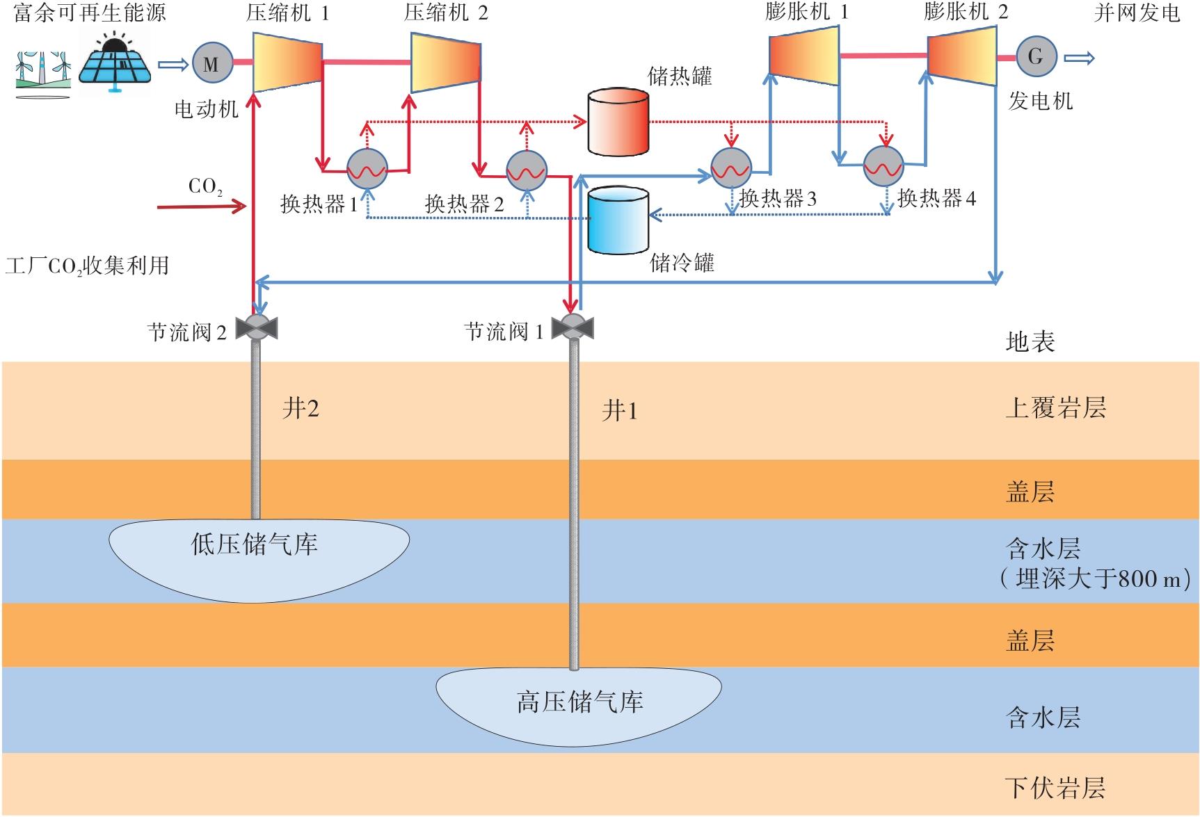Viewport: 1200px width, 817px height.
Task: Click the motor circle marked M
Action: [x=211, y=64]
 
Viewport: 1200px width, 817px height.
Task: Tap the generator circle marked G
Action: [x=1036, y=57]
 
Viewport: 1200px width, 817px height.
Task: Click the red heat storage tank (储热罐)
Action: [x=618, y=122]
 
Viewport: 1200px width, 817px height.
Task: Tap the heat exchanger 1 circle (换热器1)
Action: [x=367, y=169]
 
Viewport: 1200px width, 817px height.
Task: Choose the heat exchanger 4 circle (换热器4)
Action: [x=883, y=166]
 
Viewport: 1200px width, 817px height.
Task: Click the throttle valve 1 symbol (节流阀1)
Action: [x=572, y=327]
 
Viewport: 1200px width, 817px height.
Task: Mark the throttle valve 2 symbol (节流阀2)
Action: [x=256, y=327]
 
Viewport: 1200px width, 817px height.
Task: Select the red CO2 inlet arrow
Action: [x=202, y=207]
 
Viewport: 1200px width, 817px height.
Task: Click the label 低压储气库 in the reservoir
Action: [x=255, y=544]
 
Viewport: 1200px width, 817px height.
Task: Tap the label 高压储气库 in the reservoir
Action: [x=579, y=702]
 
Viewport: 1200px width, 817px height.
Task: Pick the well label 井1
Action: [x=619, y=411]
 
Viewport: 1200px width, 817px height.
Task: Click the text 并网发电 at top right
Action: [x=1137, y=13]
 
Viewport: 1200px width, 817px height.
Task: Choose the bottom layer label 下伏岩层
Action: [x=1055, y=788]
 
